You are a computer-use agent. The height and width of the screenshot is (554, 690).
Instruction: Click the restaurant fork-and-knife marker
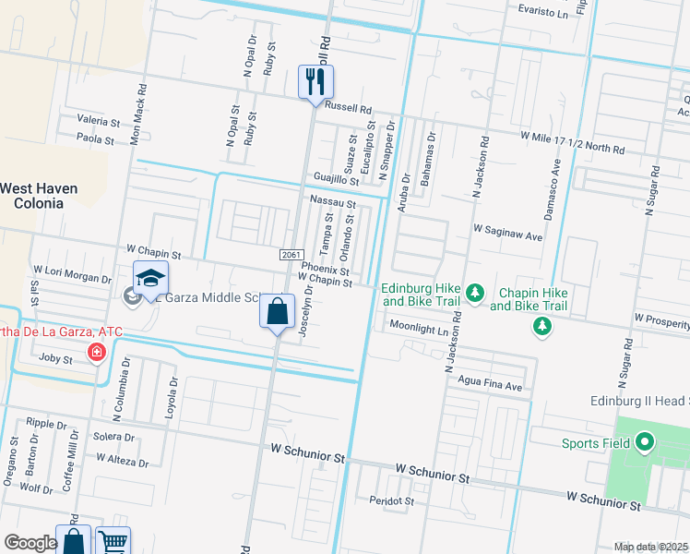point(315,82)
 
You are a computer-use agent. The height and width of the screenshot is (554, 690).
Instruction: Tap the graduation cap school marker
point(151,278)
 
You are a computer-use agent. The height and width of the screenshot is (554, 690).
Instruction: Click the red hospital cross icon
point(96,352)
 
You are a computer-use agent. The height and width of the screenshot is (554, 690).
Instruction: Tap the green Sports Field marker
point(644,444)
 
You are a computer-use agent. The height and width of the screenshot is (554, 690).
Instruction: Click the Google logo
point(31,543)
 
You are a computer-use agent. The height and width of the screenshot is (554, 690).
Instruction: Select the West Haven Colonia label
point(38,195)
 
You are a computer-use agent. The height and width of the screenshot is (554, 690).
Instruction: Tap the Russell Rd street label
point(348,108)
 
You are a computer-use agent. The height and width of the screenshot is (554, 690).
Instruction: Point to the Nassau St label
point(332,202)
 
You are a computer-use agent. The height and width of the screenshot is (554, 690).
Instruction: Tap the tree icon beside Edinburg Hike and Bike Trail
point(474,293)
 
